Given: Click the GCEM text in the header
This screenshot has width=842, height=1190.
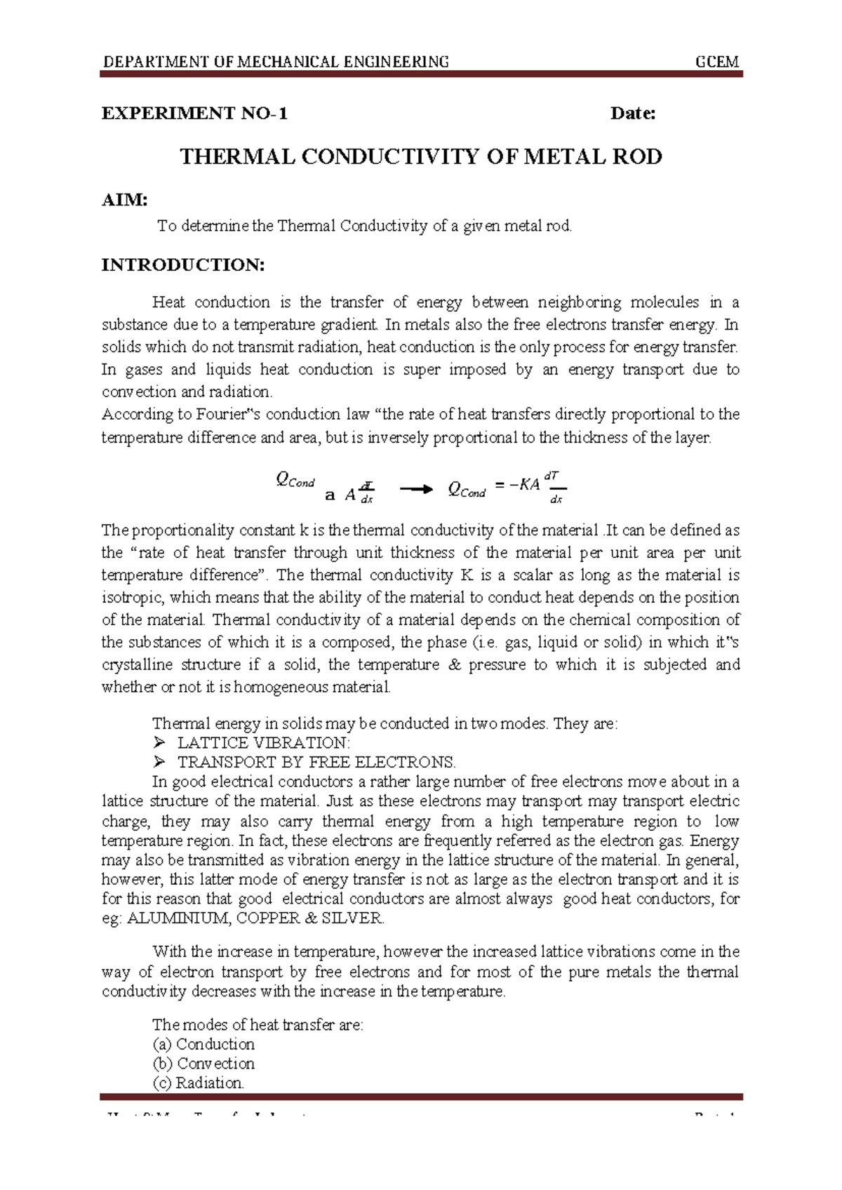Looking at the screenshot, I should click(x=716, y=62).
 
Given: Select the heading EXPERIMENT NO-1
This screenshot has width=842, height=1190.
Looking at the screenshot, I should click(x=194, y=114).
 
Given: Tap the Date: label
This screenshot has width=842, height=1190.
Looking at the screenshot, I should click(x=633, y=114).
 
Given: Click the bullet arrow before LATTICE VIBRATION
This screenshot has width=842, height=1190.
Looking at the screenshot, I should click(x=159, y=743).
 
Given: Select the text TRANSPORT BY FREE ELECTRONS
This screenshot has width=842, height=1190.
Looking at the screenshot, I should click(x=316, y=763).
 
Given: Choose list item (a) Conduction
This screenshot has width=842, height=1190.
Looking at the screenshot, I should click(x=203, y=1044).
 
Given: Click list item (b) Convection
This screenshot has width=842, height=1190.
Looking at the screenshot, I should click(x=203, y=1064).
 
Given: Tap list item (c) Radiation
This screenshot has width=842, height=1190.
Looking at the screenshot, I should click(x=199, y=1083).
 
